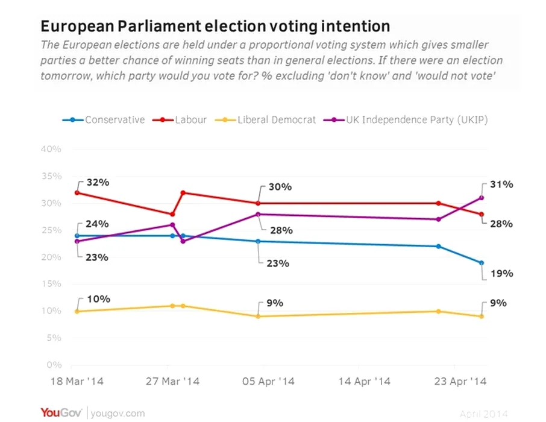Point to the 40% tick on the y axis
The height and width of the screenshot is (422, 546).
coord(52,150)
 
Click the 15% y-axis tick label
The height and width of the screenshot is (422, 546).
coord(52,284)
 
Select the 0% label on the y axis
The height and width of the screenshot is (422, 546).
coord(55,365)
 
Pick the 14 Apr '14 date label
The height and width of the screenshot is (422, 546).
coord(365,382)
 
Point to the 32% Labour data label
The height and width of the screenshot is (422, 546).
coord(97,181)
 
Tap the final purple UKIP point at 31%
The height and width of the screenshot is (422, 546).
coord(482,198)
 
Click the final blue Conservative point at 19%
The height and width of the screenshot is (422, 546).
coord(482,263)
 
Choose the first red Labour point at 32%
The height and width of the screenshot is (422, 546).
coord(77,192)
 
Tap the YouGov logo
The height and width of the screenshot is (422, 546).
coord(62,412)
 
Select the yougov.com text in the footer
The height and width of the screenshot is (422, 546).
coord(118,413)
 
